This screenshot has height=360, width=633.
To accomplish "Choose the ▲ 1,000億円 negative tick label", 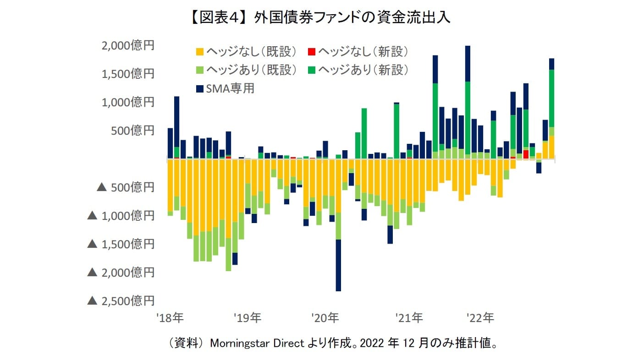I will tap(121, 216).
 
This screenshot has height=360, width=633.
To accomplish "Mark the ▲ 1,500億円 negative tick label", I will tap(121, 244).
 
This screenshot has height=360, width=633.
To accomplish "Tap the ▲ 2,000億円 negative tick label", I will tap(121, 273).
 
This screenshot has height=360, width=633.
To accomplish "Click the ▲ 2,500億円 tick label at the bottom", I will tap(121, 301).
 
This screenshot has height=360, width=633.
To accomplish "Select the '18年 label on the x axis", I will tap(170, 317).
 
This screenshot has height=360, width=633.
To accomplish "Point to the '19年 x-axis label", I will tap(248, 317).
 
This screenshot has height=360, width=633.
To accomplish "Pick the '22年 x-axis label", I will tap(480, 317).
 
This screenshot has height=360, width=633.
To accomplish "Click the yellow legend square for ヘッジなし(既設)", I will tap(200, 51).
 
